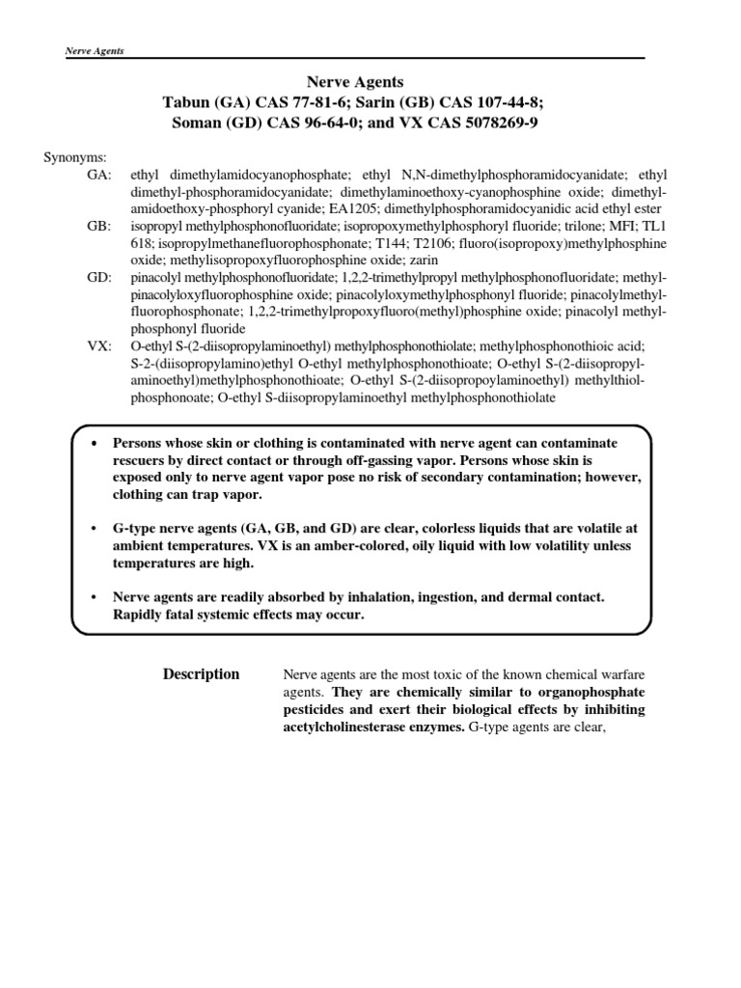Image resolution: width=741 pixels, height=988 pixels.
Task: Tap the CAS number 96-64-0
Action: [351, 123]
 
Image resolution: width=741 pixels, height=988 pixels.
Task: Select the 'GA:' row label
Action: [98, 175]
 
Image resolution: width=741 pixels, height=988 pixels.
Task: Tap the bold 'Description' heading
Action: [201, 674]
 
